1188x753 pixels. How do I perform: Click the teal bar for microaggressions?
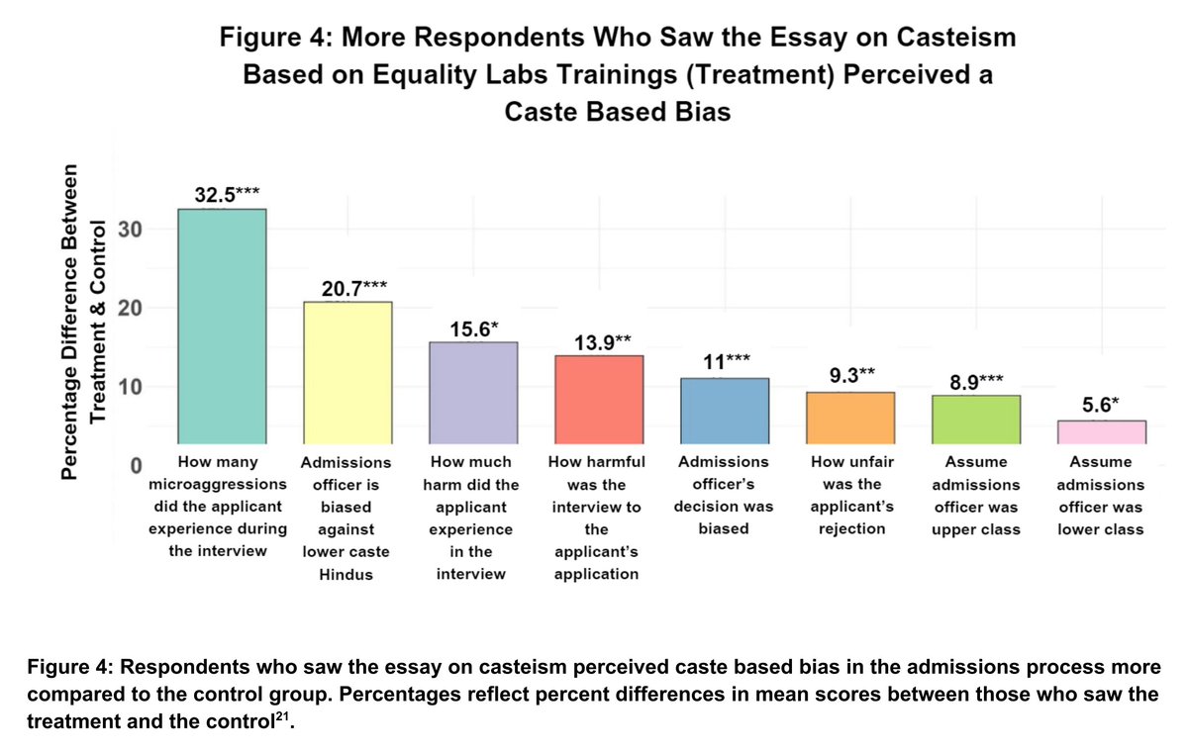click(221, 327)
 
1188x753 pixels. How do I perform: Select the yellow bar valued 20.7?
click(346, 373)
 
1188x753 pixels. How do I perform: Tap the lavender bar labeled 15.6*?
click(473, 393)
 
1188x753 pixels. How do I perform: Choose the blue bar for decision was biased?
click(725, 411)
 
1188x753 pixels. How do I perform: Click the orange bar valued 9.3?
click(850, 418)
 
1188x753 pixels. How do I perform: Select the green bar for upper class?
click(976, 420)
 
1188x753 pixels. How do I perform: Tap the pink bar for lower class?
click(1102, 432)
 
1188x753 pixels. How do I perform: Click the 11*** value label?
click(725, 363)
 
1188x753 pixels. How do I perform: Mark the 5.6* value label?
click(1103, 406)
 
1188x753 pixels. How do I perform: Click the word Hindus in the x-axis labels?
click(338, 575)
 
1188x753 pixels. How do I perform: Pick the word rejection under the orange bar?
click(850, 529)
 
